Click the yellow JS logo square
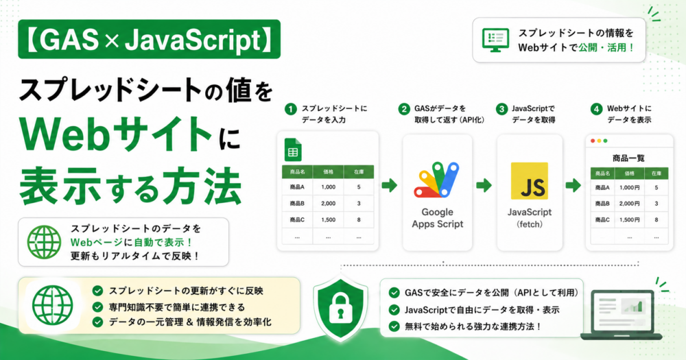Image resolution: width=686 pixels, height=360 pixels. pos(530,181)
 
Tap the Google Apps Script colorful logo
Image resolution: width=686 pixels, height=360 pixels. pos(436,180)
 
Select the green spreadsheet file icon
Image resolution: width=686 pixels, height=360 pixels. pos(293,150)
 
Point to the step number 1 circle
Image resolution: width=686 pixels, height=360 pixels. pos(290,109)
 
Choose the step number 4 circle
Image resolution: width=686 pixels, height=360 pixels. pos(596,109)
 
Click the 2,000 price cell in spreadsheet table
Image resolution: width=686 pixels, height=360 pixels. pos(328,204)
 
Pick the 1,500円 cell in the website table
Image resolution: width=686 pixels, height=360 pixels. pos(630,219)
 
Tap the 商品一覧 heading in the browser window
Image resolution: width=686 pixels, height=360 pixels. pos(628,158)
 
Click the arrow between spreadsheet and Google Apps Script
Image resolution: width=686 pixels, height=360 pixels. pos(389,185)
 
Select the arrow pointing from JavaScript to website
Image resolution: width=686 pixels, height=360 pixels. pos(573,185)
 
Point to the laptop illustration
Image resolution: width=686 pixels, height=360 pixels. pos(622,315)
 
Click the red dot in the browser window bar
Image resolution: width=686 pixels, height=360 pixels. pos(593,141)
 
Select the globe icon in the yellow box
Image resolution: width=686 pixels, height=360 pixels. pos(53,305)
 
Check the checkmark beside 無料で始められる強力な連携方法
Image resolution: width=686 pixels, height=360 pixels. pos(394,326)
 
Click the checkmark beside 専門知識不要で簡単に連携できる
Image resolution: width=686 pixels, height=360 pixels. pos(97,307)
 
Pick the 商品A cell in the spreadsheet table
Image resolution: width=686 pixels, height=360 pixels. pos(297,187)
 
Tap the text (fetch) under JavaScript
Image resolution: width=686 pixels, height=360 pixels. pos(530,224)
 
